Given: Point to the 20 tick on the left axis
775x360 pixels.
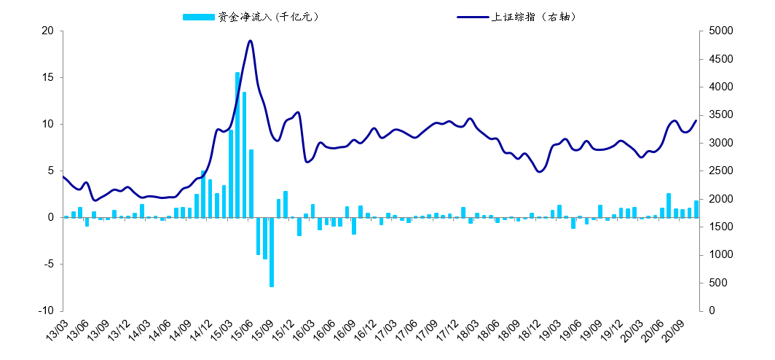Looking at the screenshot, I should point(48,31).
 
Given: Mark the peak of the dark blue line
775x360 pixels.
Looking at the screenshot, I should point(251,41).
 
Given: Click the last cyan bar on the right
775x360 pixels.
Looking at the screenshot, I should point(696,209).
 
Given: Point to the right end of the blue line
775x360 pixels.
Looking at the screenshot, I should point(696,120).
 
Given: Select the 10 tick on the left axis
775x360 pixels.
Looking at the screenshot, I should point(48,124).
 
